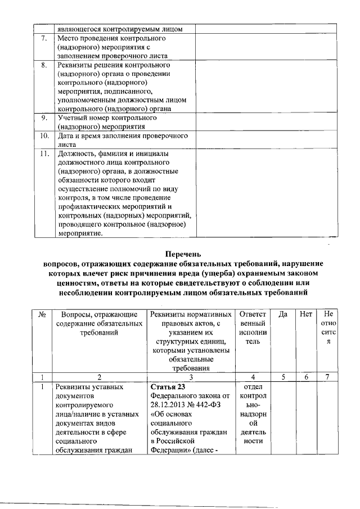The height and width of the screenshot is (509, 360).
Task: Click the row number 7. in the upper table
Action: pyautogui.click(x=44, y=38)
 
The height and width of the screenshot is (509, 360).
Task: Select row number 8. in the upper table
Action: pyautogui.click(x=44, y=65)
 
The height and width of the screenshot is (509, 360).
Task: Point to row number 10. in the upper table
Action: pyautogui.click(x=44, y=136)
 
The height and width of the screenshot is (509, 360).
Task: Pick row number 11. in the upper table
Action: pyautogui.click(x=44, y=153)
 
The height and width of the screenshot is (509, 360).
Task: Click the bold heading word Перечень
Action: pyautogui.click(x=180, y=254)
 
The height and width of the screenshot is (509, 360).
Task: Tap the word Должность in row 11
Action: pyautogui.click(x=77, y=153)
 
